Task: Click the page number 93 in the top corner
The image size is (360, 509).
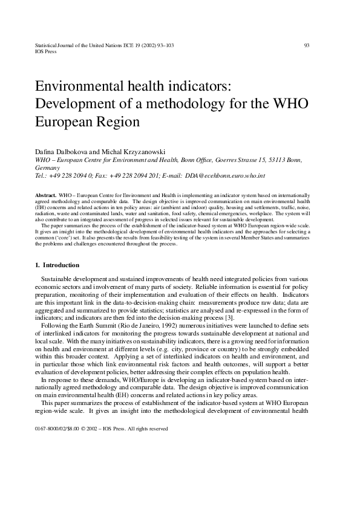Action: coord(307,45)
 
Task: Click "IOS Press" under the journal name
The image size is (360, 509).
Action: coord(45,52)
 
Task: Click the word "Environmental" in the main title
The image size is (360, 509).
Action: coord(77,86)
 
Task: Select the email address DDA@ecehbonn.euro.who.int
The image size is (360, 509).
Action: coord(226,176)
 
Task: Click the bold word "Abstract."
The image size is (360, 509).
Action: coord(47,196)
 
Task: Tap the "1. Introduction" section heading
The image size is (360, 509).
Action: coord(62,265)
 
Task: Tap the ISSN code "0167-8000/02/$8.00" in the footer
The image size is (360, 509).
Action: coord(58,429)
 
